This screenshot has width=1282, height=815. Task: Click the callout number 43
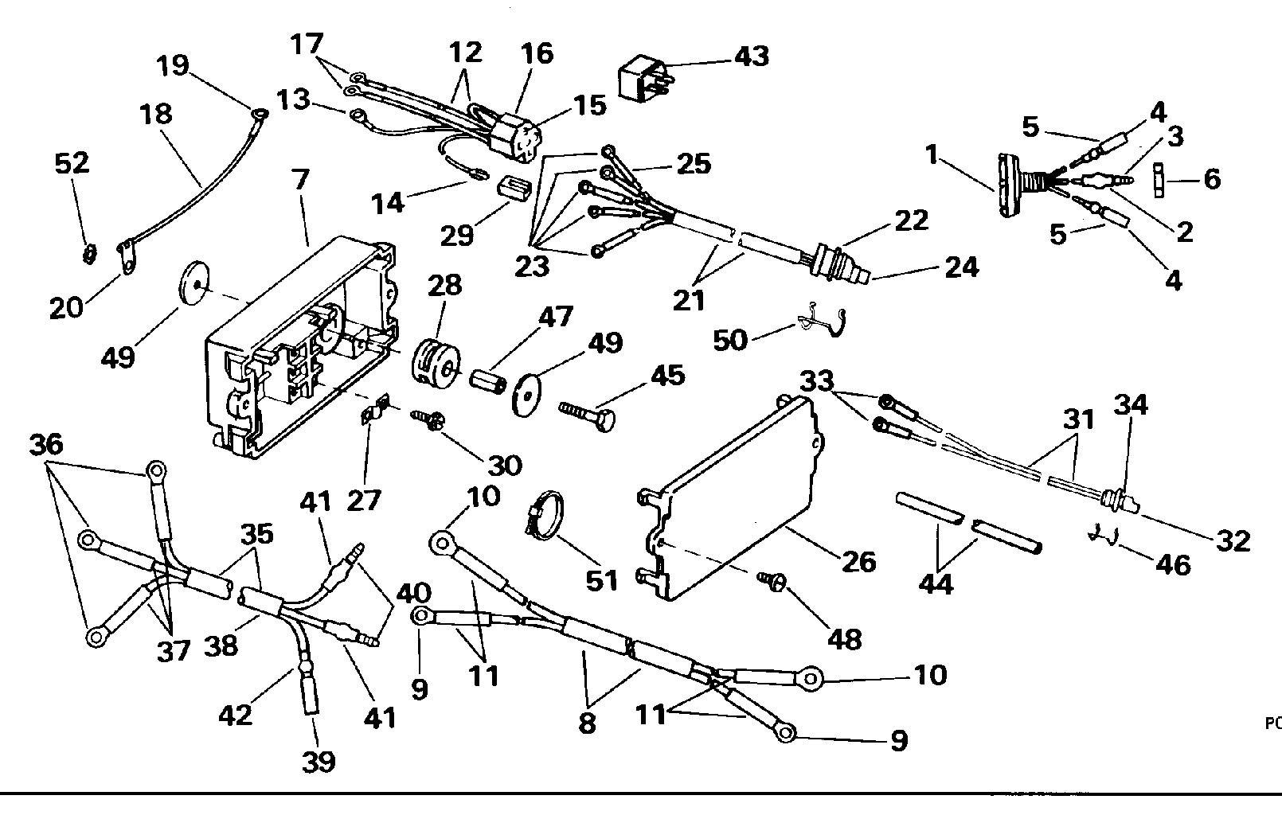coord(752,56)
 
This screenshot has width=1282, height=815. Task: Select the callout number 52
coord(72,163)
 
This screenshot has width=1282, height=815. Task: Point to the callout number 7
coord(301,179)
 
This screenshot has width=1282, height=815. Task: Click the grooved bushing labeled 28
coord(436,362)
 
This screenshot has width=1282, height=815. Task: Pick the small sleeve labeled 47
coord(487,381)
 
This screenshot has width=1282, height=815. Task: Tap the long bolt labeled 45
coord(587,415)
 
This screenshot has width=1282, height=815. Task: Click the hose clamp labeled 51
coord(545,515)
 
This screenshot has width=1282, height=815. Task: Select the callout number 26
coord(858,562)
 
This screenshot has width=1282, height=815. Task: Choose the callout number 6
coord(1212,179)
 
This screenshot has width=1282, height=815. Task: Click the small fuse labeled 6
coord(1159,180)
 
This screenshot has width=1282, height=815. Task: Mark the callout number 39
coord(319,762)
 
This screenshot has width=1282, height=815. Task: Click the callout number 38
coord(221,646)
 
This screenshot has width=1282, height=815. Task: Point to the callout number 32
coord(1233,540)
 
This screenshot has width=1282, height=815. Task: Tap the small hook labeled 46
coord(1102,534)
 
